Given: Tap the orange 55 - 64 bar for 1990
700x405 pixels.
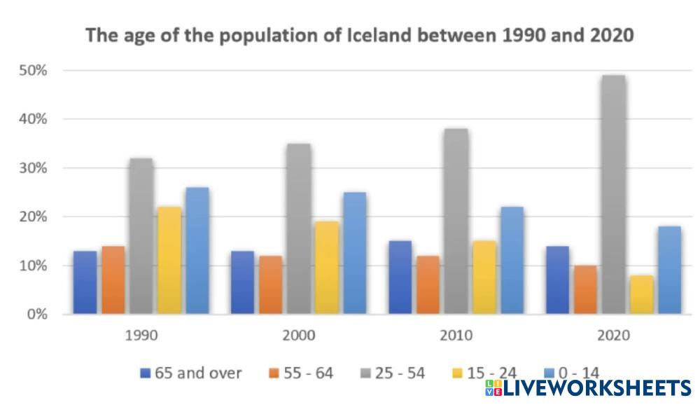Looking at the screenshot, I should click(113, 280).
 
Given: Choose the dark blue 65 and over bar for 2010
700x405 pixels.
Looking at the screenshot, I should click(400, 277).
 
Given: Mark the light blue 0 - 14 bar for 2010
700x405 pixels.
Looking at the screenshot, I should click(512, 260).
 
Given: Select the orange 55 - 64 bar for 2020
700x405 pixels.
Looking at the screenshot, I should click(585, 289).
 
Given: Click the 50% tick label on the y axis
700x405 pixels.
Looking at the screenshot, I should click(34, 71).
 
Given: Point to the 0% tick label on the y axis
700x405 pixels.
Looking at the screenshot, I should click(36, 314).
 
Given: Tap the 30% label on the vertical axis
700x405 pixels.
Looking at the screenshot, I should click(34, 168).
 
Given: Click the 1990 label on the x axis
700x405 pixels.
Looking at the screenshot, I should click(141, 336).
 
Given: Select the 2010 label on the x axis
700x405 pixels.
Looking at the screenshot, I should click(456, 336).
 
